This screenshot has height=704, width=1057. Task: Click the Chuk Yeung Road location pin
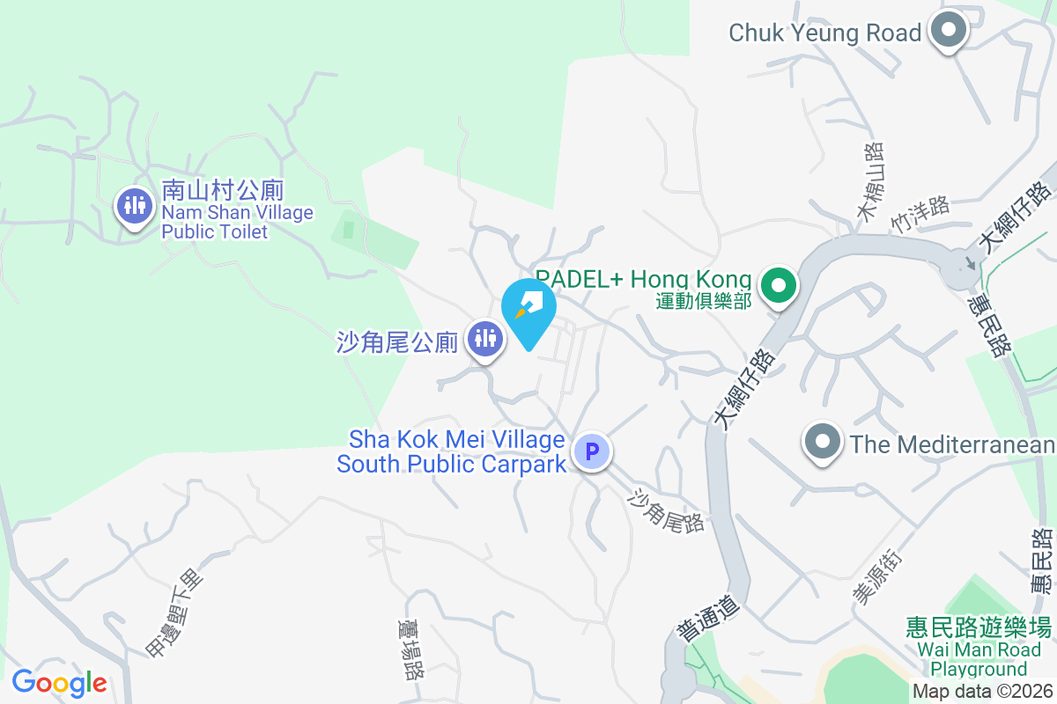(949, 32)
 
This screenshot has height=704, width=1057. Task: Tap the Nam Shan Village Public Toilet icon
(134, 207)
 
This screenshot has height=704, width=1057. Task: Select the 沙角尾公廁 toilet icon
(485, 337)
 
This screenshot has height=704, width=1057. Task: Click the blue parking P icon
(592, 452)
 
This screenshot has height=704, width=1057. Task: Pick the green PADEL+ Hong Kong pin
(779, 286)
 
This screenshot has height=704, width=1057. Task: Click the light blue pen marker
(528, 307)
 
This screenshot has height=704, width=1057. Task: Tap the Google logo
(59, 682)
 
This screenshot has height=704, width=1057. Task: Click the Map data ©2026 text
(982, 692)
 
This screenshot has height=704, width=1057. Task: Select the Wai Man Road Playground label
(979, 659)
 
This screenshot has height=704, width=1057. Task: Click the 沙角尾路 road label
(666, 510)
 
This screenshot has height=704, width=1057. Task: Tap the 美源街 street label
(877, 577)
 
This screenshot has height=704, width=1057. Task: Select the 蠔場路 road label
(411, 649)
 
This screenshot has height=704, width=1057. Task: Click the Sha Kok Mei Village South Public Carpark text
(451, 451)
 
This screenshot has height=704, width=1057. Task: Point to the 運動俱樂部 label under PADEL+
(704, 301)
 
